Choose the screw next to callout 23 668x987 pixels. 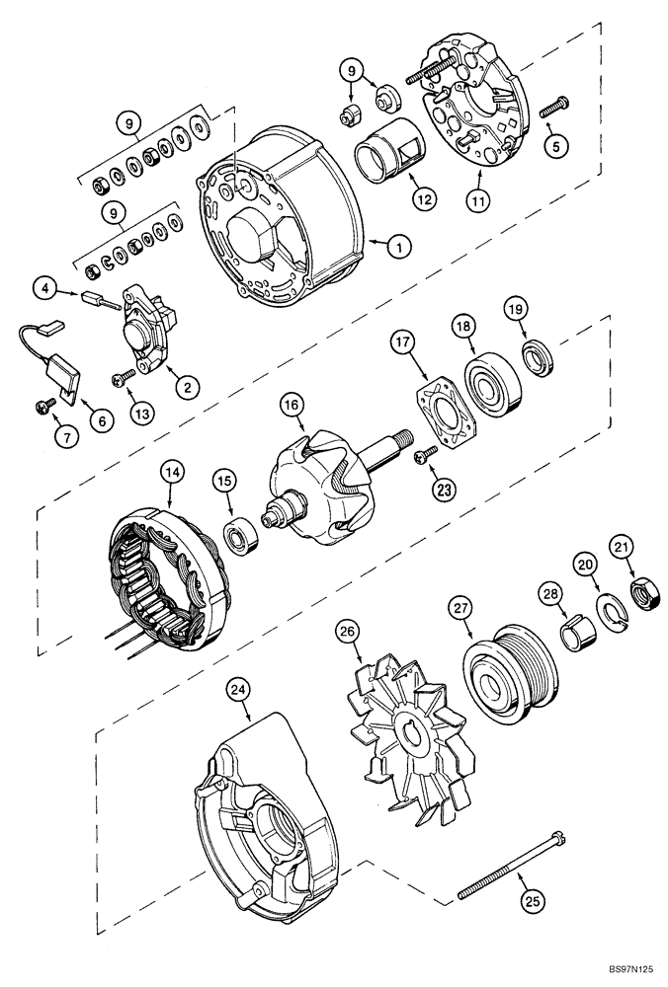pos(425,452)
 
